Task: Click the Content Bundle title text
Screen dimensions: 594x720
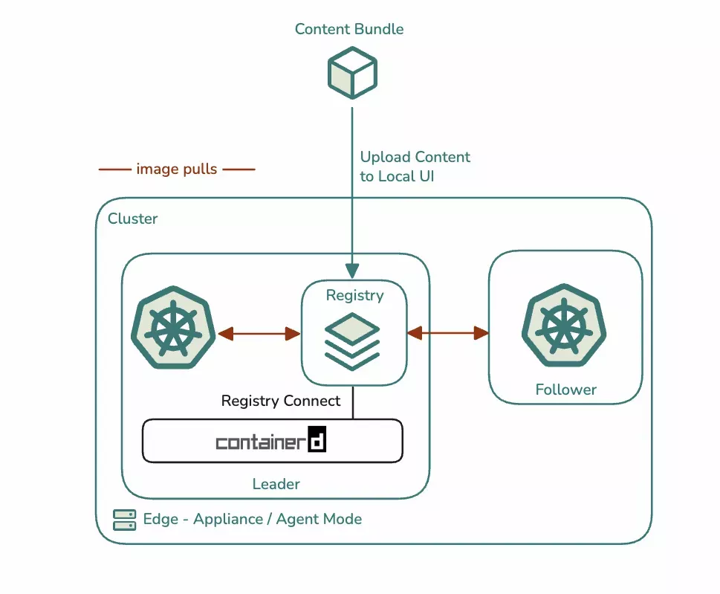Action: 349,29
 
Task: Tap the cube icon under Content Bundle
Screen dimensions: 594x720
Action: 353,73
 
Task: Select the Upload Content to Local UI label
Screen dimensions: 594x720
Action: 415,167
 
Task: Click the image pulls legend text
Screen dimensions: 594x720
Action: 177,170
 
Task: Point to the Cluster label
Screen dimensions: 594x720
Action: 133,219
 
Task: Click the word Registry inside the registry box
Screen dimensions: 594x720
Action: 354,295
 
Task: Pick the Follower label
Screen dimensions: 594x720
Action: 565,390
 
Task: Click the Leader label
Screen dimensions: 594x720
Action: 276,484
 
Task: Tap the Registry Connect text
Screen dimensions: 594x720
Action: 281,401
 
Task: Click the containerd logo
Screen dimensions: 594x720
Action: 272,442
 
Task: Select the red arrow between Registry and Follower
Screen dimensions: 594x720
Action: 447,333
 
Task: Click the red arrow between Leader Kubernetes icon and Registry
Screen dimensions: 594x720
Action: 259,334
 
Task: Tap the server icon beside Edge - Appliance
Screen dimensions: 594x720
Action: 124,520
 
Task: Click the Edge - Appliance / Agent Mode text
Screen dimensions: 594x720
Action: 253,519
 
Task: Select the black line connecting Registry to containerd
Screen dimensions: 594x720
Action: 353,402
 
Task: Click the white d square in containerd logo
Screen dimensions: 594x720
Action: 317,441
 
